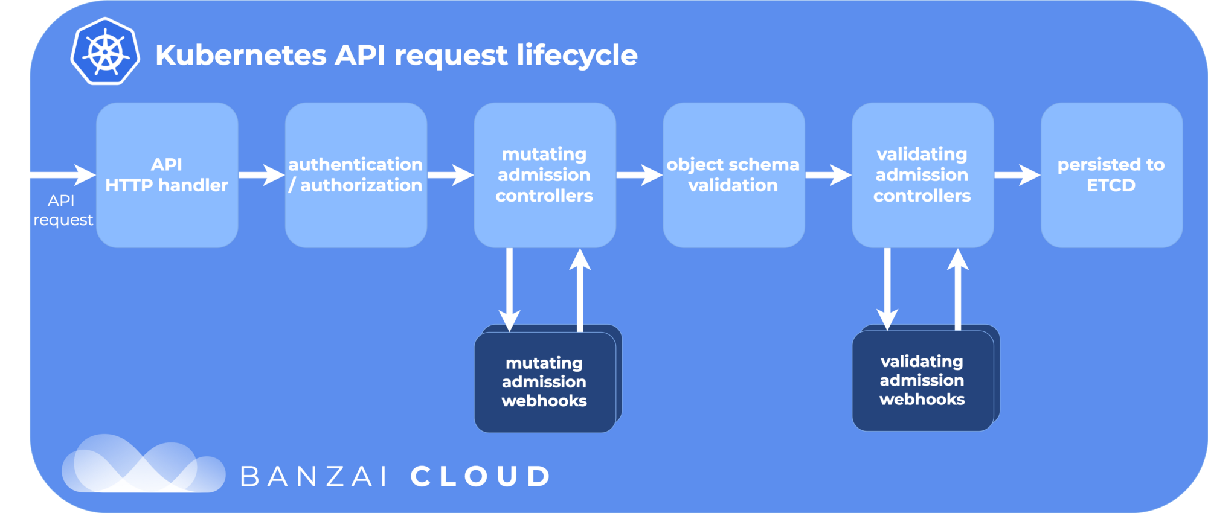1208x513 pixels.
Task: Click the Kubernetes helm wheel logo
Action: (105, 52)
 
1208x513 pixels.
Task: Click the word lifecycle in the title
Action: (577, 56)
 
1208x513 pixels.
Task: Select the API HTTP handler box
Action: (167, 175)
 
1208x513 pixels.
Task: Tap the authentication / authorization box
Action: (356, 175)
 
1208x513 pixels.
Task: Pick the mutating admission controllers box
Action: (544, 175)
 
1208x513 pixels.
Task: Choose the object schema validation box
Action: (733, 175)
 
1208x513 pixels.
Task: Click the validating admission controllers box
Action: (922, 175)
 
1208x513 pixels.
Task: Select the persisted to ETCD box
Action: (1111, 175)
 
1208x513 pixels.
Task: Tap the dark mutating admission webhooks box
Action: (544, 381)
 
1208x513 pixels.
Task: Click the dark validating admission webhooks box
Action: (922, 380)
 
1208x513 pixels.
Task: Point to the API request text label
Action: (63, 210)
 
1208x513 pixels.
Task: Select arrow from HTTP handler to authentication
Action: (261, 175)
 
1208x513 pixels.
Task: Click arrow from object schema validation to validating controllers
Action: (828, 175)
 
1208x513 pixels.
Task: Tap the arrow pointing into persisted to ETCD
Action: (1017, 175)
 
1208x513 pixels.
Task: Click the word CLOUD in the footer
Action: (481, 477)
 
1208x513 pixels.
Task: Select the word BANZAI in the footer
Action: (313, 477)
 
